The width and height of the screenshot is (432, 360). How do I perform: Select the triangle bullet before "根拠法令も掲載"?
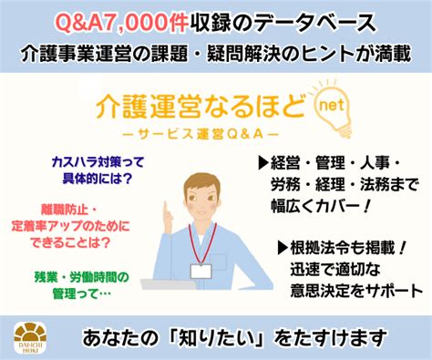tap(282, 246)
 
